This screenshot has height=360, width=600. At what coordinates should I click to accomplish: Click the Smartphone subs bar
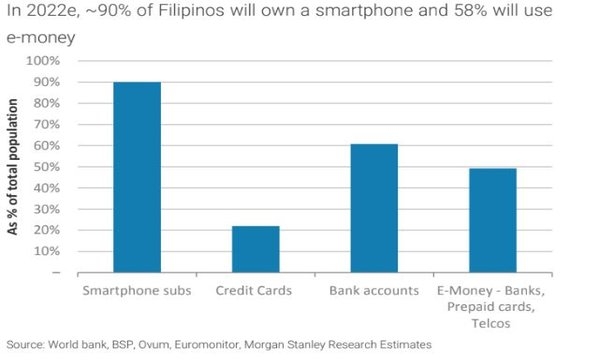[x=137, y=177]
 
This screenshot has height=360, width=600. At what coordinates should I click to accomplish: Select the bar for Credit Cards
[x=256, y=249]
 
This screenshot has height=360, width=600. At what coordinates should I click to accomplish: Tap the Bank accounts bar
[x=374, y=208]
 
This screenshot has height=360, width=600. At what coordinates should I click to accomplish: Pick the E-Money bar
[x=493, y=220]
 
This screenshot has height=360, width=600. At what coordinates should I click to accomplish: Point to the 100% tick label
[x=42, y=61]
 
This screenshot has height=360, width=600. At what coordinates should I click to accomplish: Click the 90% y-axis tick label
[x=46, y=82]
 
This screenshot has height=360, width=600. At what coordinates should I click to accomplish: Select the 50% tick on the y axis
[x=46, y=167]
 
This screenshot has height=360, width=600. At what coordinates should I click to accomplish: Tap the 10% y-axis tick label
[x=46, y=251]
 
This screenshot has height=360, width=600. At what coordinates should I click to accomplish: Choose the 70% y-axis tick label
[x=46, y=124]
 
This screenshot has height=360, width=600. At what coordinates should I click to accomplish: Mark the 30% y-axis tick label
[x=46, y=209]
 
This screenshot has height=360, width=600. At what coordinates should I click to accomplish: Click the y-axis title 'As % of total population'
[x=13, y=167]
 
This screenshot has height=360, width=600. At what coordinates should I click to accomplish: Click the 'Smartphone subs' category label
[x=137, y=291]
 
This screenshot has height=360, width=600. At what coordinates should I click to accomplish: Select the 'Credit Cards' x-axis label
[x=254, y=291]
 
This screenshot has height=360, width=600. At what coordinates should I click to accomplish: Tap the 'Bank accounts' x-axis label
[x=374, y=291]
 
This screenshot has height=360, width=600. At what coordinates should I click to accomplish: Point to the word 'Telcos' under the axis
[x=491, y=324]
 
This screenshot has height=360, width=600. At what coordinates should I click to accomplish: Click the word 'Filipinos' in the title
[x=191, y=10]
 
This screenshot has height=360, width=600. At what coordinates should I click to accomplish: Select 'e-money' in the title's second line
[x=41, y=38]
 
